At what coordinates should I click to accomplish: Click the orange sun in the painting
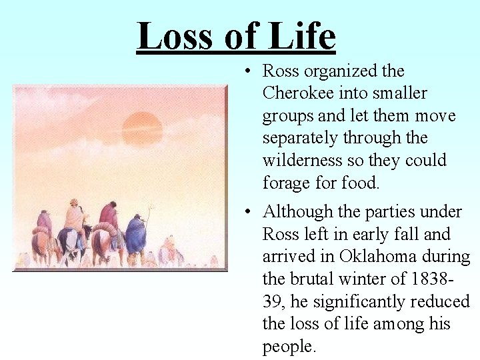(143, 129)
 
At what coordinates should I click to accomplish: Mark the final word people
(288, 347)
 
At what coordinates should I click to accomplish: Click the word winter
(374, 279)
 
